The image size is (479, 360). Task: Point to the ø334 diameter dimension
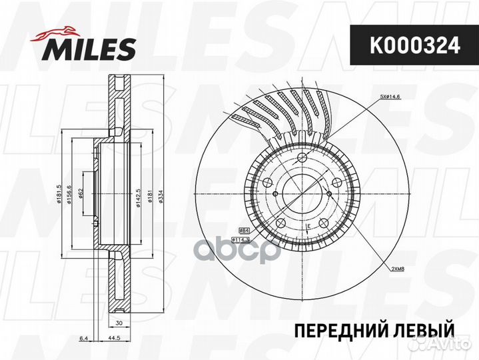click(x=162, y=195)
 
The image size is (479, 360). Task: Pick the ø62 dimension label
click(x=80, y=195)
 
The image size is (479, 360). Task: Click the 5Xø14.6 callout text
click(x=392, y=97)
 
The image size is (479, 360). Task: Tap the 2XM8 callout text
click(x=398, y=268)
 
